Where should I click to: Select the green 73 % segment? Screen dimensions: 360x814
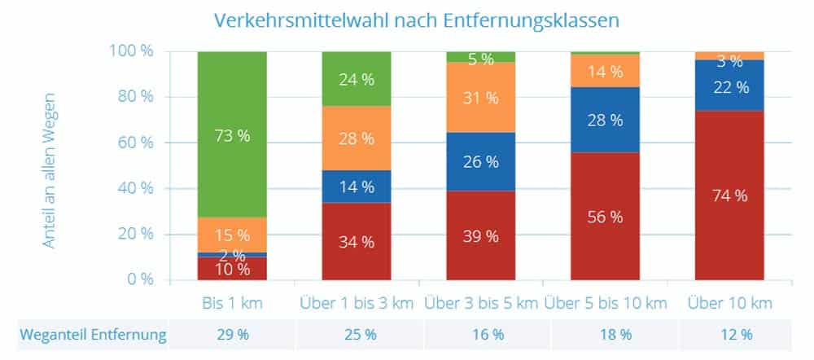232,134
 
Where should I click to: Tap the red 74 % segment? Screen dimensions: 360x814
729,195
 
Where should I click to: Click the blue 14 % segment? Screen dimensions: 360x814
357,187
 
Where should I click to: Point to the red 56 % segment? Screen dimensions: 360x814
605,217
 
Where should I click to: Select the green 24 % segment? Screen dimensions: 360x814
357,80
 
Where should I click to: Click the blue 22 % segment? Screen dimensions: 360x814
729,86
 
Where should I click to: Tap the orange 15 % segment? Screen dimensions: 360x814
232,235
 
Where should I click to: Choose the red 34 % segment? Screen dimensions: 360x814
357,241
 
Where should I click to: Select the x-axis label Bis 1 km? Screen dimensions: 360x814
232,304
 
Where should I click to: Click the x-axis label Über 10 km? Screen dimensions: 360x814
729,304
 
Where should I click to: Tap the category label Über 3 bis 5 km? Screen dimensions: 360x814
480,304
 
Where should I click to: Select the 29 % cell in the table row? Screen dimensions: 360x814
232,334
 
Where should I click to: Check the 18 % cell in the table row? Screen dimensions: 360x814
605,334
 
